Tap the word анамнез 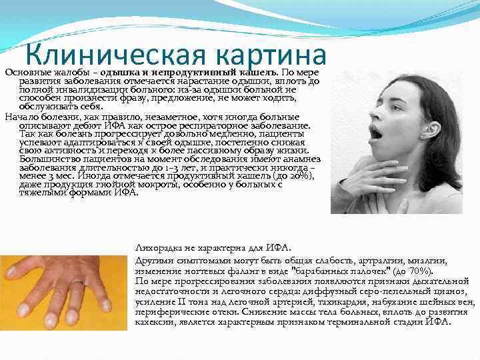301,159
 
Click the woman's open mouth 377,135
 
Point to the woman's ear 428,125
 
